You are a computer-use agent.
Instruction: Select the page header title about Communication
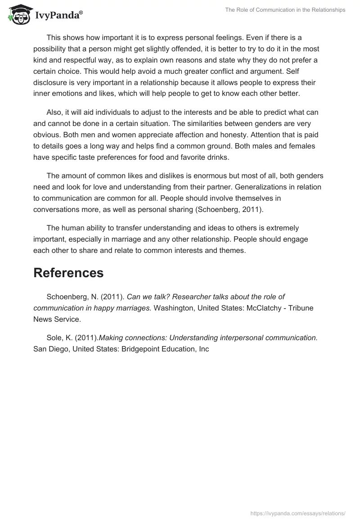click(x=285, y=10)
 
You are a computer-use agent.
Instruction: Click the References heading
click(x=68, y=273)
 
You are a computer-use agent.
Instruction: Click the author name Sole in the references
click(x=54, y=337)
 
